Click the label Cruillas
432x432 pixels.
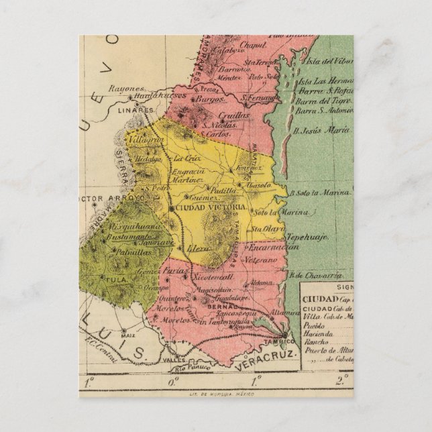(233, 114)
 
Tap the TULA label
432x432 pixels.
(109, 276)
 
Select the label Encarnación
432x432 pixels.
(275, 248)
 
